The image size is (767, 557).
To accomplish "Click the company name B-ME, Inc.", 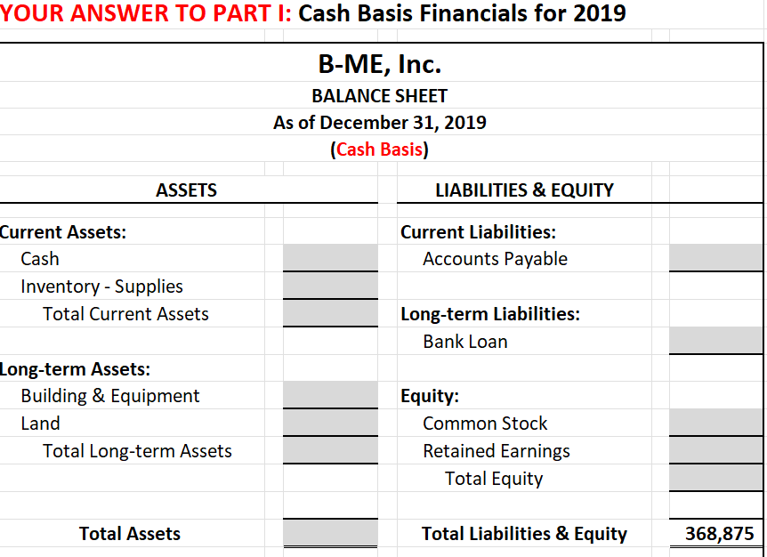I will [x=379, y=65].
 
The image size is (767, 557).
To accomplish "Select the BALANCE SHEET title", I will [x=379, y=95].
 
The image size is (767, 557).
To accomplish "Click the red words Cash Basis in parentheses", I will [x=379, y=149].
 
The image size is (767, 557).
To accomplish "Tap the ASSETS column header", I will [x=186, y=190].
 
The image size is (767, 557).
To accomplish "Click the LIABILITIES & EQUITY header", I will [x=524, y=190].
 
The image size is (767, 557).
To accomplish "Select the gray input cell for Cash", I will [x=330, y=258].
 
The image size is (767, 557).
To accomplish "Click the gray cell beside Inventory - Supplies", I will [x=330, y=286].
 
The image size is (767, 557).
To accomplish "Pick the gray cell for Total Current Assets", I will [x=330, y=313].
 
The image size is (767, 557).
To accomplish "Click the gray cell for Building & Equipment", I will [x=330, y=395].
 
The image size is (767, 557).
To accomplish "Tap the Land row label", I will [x=41, y=424].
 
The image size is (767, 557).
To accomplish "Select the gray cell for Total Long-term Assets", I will [x=330, y=450].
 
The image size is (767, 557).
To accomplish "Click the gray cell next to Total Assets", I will [x=330, y=533].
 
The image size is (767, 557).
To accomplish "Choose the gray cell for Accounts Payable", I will [x=716, y=258].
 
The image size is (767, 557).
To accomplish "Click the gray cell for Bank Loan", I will [x=716, y=341].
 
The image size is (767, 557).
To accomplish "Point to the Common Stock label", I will [x=485, y=424].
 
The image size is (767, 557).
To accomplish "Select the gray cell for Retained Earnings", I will [x=716, y=450].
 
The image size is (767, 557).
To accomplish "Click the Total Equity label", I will [x=494, y=479].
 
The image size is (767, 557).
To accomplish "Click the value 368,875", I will [x=719, y=534].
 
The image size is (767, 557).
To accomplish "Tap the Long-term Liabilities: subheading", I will [x=490, y=314].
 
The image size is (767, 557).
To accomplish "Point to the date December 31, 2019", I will [x=403, y=123].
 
